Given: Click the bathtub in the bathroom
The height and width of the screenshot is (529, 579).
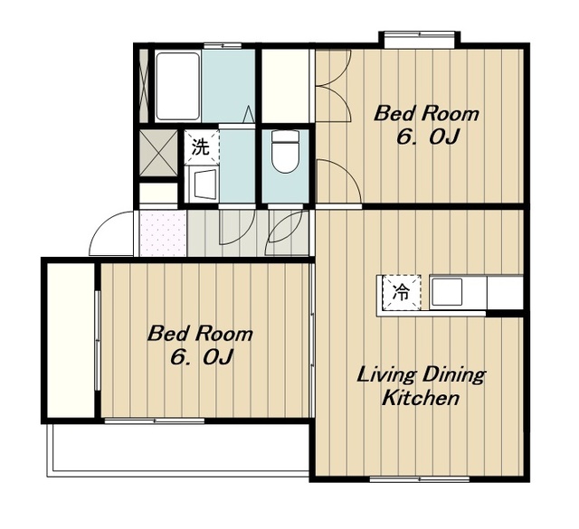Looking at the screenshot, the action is point(178,86).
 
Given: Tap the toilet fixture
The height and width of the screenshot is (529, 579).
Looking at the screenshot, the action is point(284,151).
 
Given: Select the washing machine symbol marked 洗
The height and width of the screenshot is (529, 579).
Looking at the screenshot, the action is point(202,146).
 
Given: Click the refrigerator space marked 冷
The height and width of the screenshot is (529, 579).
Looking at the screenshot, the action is point(402,292).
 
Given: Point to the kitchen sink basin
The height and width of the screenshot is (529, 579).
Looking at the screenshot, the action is point(447,292).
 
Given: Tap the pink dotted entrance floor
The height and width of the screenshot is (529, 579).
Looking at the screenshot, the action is point(163,232).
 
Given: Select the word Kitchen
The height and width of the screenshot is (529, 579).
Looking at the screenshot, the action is point(420,398).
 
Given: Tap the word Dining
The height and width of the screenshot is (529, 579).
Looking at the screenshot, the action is point(453,375).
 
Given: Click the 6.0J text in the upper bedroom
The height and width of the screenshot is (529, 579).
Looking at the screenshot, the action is point(427,137).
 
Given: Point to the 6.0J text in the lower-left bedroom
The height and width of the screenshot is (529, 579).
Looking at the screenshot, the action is point(201,357).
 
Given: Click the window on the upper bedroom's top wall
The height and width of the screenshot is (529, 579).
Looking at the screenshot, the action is point(420,34).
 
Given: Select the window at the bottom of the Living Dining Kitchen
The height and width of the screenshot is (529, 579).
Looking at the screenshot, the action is point(420,479).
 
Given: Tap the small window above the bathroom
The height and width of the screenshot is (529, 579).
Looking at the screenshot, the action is point(223,46).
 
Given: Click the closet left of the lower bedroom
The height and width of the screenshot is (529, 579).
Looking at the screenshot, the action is point(71,340).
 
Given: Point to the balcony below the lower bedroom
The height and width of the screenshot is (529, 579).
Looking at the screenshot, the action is point(179,449).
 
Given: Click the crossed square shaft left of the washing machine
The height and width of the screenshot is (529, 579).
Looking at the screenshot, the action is point(159,153).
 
